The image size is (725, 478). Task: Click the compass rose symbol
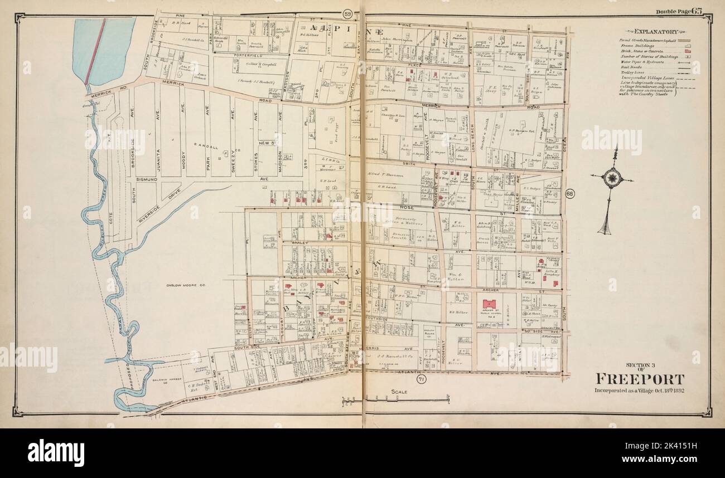coord(612,178)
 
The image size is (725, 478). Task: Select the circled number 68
coord(569,193)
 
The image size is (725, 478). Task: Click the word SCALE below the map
coord(400,392)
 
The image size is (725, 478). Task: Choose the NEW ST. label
coord(264,144)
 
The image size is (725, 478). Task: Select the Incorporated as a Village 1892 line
coord(640,389)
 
